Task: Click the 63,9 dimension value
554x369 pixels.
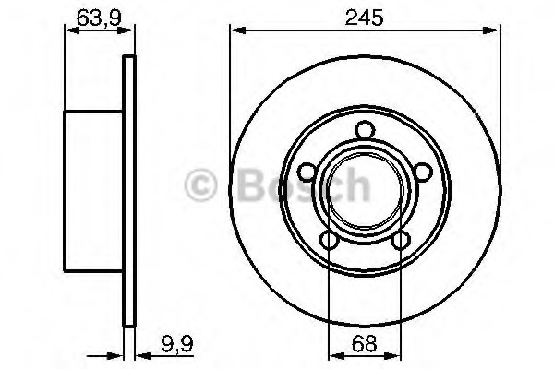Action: (99, 18)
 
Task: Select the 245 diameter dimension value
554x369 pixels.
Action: (364, 18)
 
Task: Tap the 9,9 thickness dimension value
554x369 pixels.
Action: (177, 345)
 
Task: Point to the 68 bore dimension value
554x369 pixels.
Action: (365, 343)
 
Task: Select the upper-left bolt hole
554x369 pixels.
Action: (307, 173)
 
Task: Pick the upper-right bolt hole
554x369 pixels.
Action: (423, 173)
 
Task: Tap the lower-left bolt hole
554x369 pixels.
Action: (330, 241)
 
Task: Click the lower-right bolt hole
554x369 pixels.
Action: (401, 241)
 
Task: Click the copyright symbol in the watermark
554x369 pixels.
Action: (200, 184)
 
